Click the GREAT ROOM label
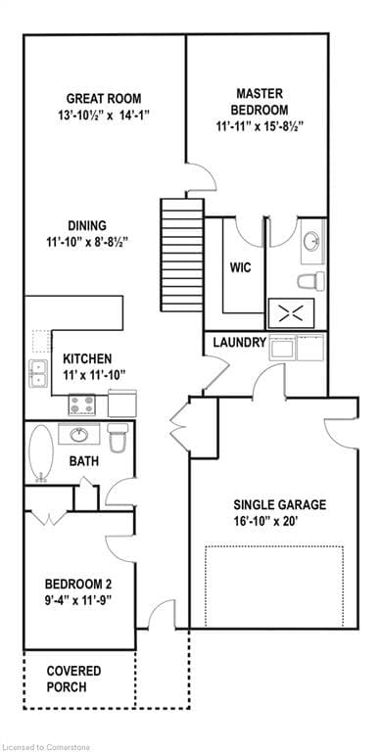[x=103, y=98]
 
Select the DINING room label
[x=88, y=225]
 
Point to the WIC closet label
[x=241, y=267]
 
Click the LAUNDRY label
[x=239, y=343]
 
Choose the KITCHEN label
[x=87, y=358]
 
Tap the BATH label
[x=82, y=460]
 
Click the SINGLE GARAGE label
[x=266, y=505]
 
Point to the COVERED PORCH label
[x=74, y=679]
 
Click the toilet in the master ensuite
[x=311, y=281]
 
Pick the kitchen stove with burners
[x=81, y=402]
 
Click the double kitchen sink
[x=39, y=371]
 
